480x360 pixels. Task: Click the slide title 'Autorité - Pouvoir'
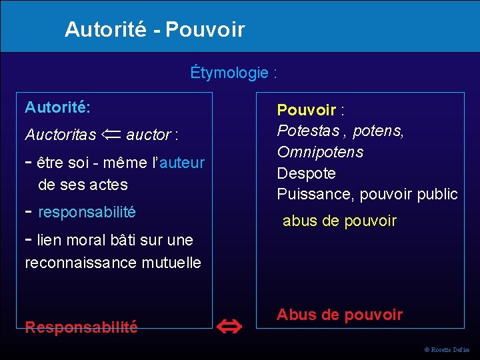(x=155, y=29)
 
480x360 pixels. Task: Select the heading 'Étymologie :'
(x=233, y=72)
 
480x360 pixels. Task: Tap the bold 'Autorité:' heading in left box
(x=58, y=107)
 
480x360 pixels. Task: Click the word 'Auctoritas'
(x=60, y=135)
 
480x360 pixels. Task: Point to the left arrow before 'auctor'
(x=112, y=134)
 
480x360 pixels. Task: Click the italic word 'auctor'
(x=148, y=135)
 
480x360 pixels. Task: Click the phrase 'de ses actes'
(x=83, y=184)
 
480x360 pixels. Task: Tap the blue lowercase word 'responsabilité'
(x=87, y=212)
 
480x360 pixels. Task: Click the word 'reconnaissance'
(x=82, y=263)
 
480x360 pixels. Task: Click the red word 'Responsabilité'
(x=81, y=327)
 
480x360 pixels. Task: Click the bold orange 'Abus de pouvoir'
(x=339, y=315)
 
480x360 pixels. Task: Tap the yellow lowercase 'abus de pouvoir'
(x=339, y=221)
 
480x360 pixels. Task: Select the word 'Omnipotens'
(x=320, y=152)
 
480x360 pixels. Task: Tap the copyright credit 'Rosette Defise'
(x=450, y=350)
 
